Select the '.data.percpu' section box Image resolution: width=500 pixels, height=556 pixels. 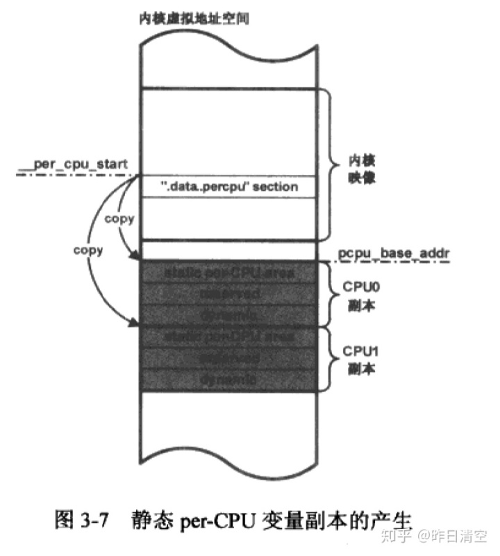[x=230, y=187]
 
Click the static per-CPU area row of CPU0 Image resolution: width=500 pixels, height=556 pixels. [x=230, y=273]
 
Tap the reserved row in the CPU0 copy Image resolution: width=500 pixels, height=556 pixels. [x=230, y=294]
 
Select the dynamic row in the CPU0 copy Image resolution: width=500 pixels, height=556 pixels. [x=230, y=315]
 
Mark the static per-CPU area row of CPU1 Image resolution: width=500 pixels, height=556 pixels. [x=230, y=337]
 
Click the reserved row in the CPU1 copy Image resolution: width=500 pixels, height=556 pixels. [x=230, y=359]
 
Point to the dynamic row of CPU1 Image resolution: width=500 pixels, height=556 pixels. [x=230, y=380]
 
